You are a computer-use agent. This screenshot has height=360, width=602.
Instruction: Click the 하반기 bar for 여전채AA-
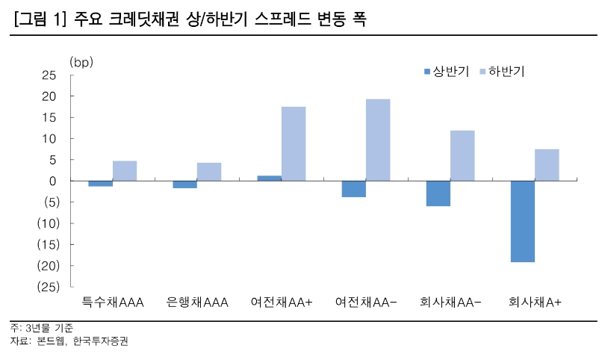point(378,140)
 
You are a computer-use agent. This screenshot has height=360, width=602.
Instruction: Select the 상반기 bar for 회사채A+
point(522,221)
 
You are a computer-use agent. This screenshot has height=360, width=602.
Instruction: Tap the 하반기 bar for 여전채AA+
point(294,143)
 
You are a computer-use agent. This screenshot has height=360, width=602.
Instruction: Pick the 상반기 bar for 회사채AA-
point(438,193)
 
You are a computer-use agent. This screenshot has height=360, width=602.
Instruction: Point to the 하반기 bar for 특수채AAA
point(125,171)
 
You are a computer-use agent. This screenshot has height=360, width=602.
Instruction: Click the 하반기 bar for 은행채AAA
point(209,172)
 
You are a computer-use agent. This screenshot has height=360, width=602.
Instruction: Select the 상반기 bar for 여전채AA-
point(353,189)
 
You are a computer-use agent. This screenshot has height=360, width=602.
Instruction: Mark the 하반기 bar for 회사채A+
point(547,165)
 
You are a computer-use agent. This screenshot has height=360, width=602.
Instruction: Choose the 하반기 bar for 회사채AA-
point(462,155)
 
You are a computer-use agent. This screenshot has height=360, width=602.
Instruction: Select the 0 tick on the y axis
point(53,181)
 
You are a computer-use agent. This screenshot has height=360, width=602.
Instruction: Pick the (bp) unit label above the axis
point(81,61)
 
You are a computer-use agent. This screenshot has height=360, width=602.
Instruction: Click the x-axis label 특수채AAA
point(113,302)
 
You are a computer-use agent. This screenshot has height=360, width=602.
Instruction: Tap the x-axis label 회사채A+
point(535,302)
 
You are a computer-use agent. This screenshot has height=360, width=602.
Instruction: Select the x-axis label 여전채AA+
point(282,302)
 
